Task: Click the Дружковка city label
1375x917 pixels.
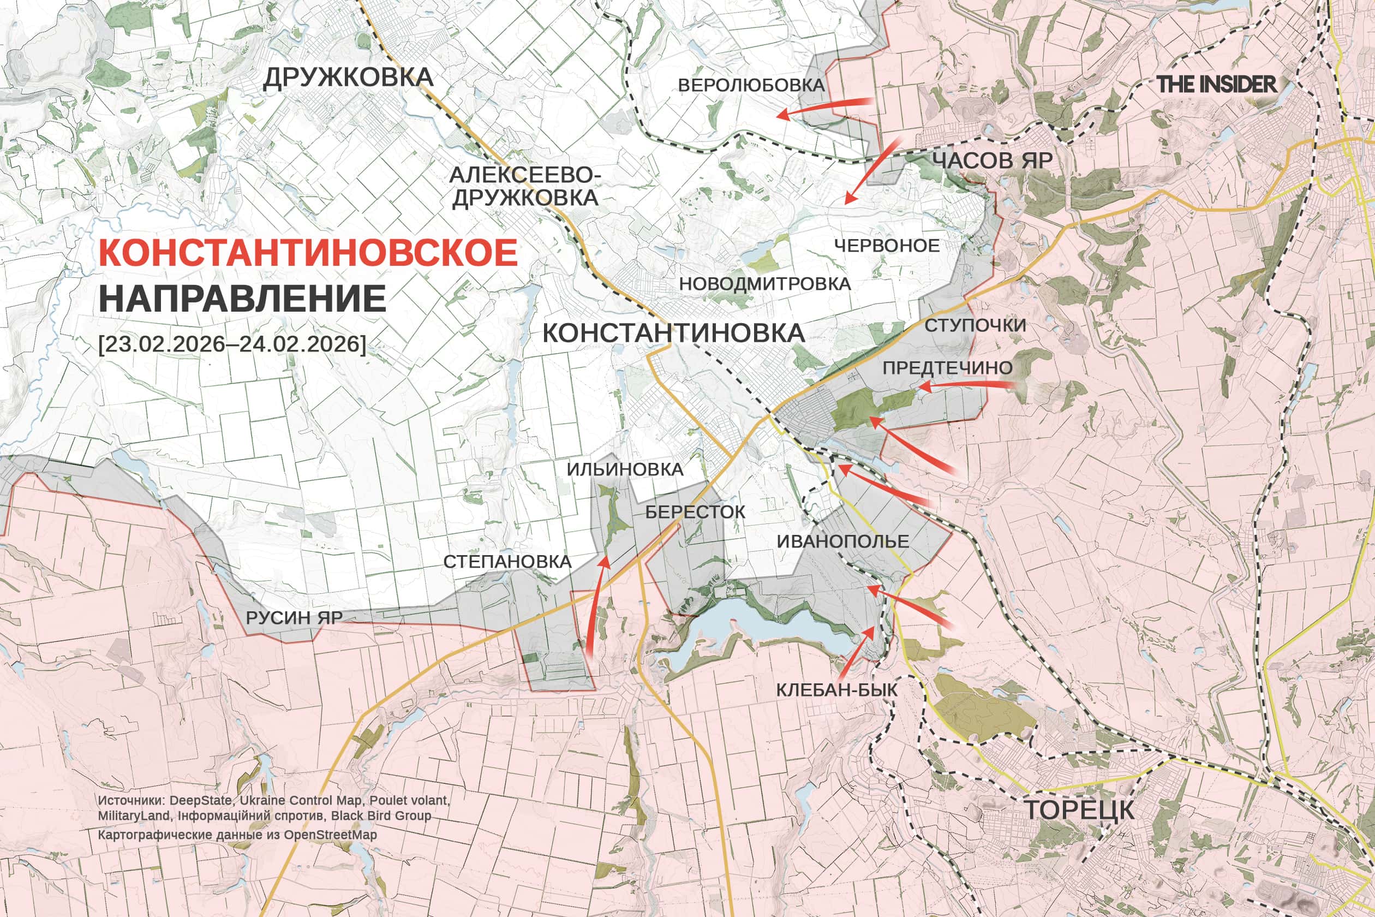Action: [349, 77]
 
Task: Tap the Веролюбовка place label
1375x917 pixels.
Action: [751, 85]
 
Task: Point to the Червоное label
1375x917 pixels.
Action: [886, 246]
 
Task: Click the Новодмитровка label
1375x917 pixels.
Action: [764, 284]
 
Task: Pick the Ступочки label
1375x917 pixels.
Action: [975, 326]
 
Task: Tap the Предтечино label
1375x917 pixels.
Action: [947, 368]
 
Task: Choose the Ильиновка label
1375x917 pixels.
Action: [625, 469]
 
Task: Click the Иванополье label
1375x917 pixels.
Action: [842, 541]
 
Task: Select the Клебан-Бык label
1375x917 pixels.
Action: [836, 690]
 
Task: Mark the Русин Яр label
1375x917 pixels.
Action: [294, 618]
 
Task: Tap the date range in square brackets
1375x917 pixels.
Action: [232, 344]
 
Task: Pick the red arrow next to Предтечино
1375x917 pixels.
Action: [965, 385]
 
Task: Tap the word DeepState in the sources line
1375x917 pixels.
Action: [203, 800]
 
